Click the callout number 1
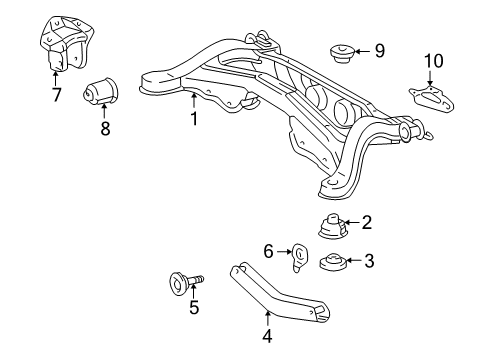click(194, 118)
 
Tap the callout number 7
click(57, 95)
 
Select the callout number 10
click(434, 61)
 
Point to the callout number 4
click(267, 336)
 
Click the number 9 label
click(380, 51)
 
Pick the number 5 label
click(194, 307)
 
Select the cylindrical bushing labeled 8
click(101, 90)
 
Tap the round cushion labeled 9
click(342, 53)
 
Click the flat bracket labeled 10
click(432, 97)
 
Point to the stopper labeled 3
click(333, 262)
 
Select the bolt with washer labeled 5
click(185, 283)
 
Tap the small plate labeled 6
click(299, 257)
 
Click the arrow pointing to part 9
click(363, 51)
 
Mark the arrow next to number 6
click(284, 252)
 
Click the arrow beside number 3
click(354, 260)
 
